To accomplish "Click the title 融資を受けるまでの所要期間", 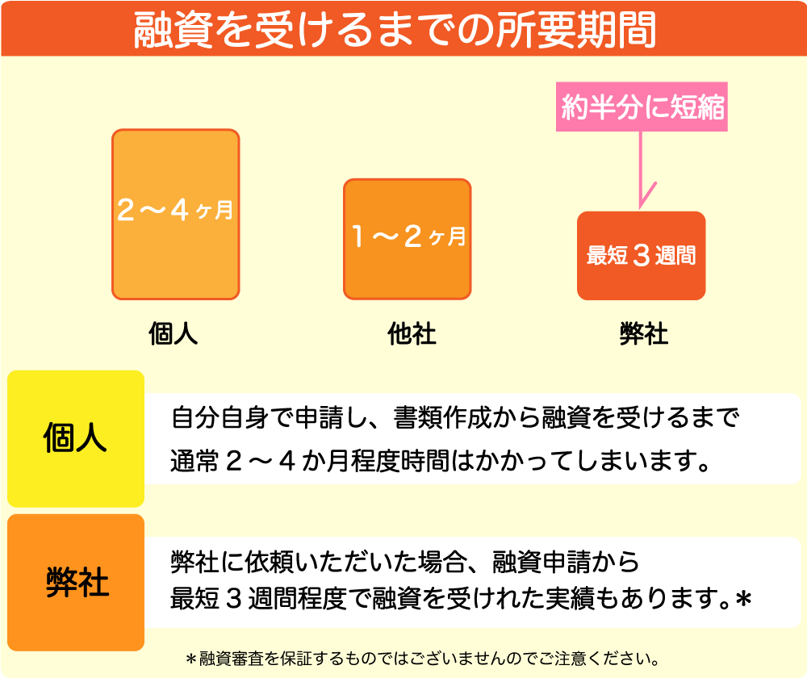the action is pos(395,29).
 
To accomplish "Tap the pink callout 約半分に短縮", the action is pos(642,107).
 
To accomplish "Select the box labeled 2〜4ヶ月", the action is pos(175,214).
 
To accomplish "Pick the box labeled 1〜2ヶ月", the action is pos(407,239).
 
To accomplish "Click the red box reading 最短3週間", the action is pos(642,255).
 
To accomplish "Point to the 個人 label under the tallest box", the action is pos(173,333).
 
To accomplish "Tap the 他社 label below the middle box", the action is pos(412,333).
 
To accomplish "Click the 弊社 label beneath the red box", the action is pos(644,333).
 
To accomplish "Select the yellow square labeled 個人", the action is pos(76,438).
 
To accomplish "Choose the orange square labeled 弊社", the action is pos(76,582).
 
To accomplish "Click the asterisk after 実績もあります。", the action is pos(743,599).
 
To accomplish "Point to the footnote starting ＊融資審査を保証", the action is pos(423,659).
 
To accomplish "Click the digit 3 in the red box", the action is pos(642,255).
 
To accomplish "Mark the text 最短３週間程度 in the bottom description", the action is pos(258,599).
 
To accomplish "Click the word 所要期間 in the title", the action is pos(576,29).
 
